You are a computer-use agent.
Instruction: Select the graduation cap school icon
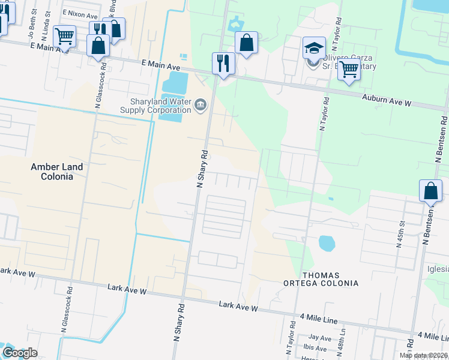point(313,47)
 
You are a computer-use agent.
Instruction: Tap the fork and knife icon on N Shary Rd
point(223,63)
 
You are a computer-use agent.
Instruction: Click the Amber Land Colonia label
point(52,172)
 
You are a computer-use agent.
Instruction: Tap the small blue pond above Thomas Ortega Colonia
point(326,243)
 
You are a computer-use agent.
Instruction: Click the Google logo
point(19,353)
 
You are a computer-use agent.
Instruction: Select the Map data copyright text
point(423,356)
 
